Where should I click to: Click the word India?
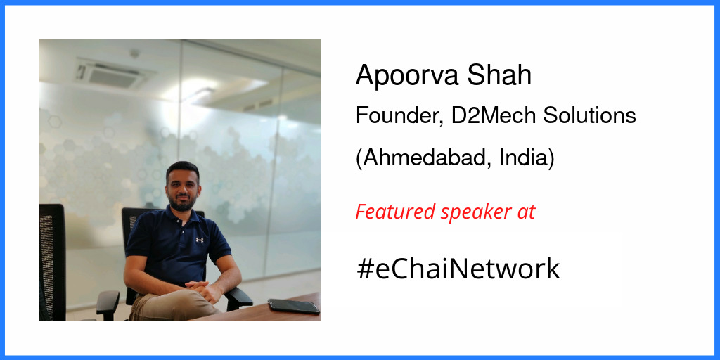click(527, 157)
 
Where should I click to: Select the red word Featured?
click(395, 211)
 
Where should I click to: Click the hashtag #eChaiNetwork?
click(458, 269)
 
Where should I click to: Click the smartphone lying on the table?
click(294, 306)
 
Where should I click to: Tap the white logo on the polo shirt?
click(200, 239)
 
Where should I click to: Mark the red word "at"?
click(525, 212)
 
